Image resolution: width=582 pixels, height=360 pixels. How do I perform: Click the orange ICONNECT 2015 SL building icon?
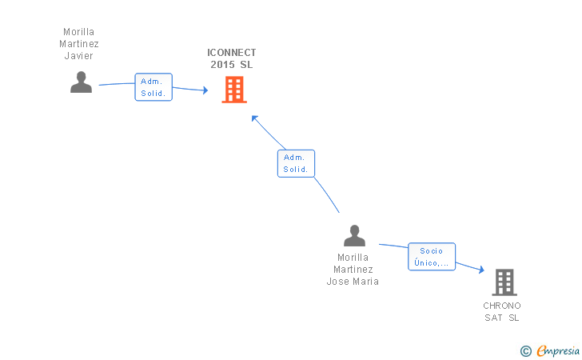[x=234, y=90]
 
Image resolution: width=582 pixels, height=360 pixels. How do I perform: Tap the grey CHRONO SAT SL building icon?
[x=504, y=282]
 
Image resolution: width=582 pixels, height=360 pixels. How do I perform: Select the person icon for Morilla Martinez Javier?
[x=82, y=82]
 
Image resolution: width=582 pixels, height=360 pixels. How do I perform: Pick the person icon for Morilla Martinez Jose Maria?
[x=354, y=235]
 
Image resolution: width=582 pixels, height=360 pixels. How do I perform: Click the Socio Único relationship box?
[x=432, y=257]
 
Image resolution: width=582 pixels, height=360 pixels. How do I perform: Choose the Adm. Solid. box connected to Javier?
[x=153, y=87]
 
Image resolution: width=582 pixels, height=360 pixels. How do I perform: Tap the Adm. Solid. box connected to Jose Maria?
[x=296, y=163]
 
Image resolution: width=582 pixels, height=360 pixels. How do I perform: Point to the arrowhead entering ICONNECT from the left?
[x=205, y=90]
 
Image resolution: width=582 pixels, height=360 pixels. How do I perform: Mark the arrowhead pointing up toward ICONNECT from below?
[x=254, y=118]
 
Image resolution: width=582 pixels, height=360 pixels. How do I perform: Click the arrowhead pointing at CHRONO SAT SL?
[x=481, y=270]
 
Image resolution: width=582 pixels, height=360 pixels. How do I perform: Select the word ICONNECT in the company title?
[x=232, y=52]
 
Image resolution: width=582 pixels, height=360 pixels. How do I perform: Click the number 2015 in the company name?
[x=222, y=65]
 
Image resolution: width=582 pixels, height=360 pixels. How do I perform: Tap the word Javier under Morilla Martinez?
[x=78, y=56]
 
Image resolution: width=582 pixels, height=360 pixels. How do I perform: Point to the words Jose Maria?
[x=353, y=282]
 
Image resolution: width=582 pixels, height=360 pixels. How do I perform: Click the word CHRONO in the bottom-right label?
[x=502, y=306]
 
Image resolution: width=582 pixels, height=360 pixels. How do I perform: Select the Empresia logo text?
[x=558, y=350]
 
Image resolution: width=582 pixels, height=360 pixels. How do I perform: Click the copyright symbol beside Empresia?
[x=525, y=351]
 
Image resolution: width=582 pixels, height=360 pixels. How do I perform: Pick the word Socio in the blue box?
[x=432, y=251]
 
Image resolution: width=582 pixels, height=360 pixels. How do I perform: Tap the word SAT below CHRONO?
[x=493, y=318]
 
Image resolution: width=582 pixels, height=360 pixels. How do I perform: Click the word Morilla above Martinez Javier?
[x=78, y=31]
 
